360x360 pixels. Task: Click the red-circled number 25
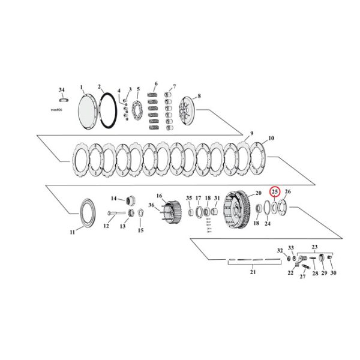click(x=275, y=192)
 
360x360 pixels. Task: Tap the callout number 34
click(x=61, y=89)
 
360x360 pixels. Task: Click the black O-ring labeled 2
click(x=109, y=112)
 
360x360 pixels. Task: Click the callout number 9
click(x=252, y=133)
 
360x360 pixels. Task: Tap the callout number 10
click(x=271, y=139)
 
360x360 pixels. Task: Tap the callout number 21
click(x=253, y=273)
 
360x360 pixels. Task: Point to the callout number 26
click(x=287, y=192)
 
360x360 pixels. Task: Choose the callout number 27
click(x=302, y=276)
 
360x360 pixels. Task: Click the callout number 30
click(x=333, y=273)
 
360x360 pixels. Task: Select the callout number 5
click(x=138, y=89)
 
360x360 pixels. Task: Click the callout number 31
click(x=217, y=198)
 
